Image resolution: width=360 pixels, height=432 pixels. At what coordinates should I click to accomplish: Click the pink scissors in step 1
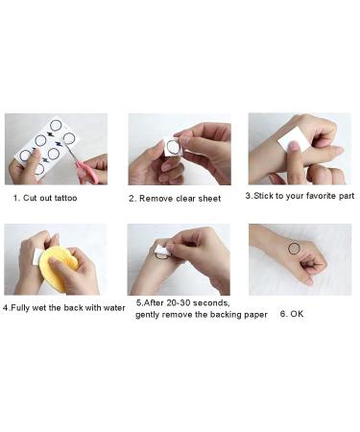coord(87,172)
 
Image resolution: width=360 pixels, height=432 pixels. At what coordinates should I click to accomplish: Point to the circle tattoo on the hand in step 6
coord(294,249)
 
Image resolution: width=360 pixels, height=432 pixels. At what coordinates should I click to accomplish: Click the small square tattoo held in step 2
coord(173,147)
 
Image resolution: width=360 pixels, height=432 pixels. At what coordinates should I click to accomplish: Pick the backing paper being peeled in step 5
coord(163,251)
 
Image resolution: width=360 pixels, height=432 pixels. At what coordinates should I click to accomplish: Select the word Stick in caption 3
coord(264,196)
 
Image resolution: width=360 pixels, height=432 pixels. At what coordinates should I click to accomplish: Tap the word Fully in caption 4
coord(21,308)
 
